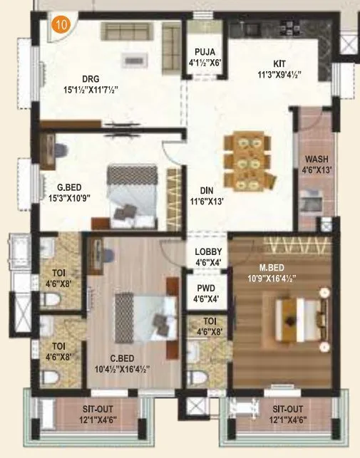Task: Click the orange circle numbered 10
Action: coord(61,24)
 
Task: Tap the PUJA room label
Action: coord(205,51)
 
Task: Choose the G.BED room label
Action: coord(71,188)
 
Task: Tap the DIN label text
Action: coord(207,191)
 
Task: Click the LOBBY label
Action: coord(208,251)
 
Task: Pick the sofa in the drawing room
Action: coord(125,31)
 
